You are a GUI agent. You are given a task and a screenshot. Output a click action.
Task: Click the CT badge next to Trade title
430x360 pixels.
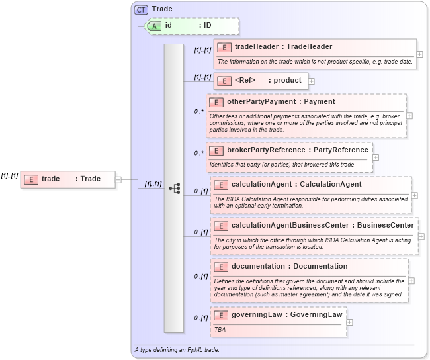pos(141,9)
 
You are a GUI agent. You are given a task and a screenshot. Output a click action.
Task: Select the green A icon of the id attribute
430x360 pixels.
pos(154,26)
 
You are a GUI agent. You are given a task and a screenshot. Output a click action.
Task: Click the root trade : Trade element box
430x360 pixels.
pos(67,179)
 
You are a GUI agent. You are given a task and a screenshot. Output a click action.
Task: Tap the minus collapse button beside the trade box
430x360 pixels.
pos(118,179)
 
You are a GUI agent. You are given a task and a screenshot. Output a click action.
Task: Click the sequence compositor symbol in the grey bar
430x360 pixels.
pos(174,188)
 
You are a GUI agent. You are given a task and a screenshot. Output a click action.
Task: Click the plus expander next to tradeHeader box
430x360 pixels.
pos(420,54)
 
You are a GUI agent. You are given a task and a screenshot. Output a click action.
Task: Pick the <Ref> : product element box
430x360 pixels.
pos(260,81)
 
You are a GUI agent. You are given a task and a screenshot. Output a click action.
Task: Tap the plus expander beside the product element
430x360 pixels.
pos(312,81)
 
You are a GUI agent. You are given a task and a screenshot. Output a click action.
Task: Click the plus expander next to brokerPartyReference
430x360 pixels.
pos(376,157)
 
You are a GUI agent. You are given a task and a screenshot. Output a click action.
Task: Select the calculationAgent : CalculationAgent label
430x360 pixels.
pos(296,184)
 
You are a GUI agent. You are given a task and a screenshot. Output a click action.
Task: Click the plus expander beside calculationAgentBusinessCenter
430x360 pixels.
pos(421,236)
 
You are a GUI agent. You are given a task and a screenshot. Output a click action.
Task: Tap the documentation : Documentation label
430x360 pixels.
pos(289,267)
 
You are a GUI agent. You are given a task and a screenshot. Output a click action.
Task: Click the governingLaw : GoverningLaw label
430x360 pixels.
pos(286,315)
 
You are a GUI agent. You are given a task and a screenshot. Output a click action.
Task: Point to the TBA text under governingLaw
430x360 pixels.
pos(220,328)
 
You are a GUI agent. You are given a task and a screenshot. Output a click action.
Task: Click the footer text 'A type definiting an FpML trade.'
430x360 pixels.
pos(177,349)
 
